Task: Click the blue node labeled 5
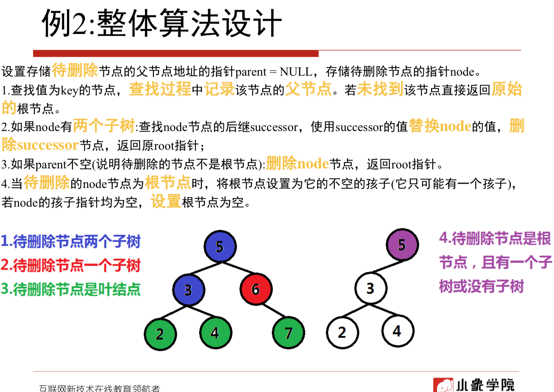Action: (x=220, y=246)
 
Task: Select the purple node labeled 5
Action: (x=402, y=245)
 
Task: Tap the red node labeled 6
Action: (x=256, y=289)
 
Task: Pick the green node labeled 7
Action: (x=288, y=333)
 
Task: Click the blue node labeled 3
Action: (x=189, y=290)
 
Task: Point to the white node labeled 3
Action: (x=370, y=288)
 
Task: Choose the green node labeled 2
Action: (x=160, y=334)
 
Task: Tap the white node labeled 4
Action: (x=397, y=331)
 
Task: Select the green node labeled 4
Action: (x=215, y=333)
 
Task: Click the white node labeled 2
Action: (x=342, y=332)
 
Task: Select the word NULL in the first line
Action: (x=296, y=72)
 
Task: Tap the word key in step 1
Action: (x=70, y=91)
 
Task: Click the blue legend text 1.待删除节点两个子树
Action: (x=70, y=242)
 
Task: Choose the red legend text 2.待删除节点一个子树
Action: (x=70, y=265)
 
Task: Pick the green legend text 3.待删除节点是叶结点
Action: (x=70, y=289)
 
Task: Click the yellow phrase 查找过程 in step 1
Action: (x=160, y=89)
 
